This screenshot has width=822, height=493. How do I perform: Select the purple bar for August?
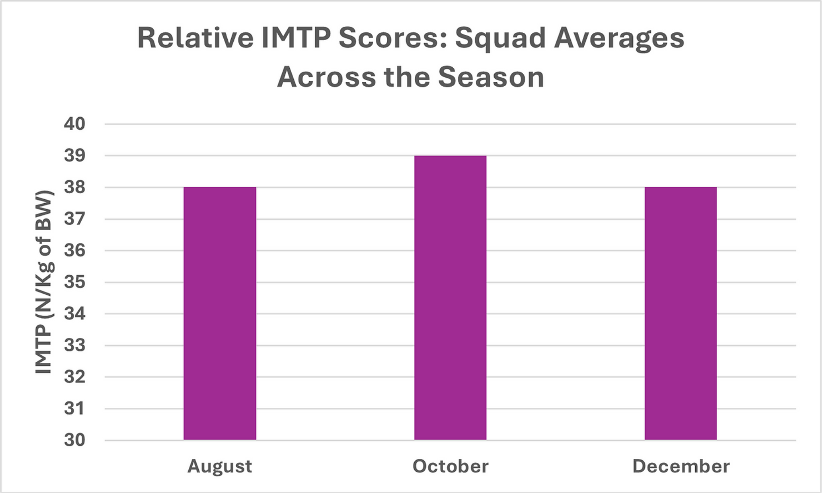[220, 313]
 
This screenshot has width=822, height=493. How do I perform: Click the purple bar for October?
[450, 297]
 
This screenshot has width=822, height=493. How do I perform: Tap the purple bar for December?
[680, 313]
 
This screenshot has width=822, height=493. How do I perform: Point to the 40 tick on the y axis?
[75, 124]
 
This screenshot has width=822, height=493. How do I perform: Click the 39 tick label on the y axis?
[75, 156]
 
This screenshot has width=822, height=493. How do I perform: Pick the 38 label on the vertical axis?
[75, 187]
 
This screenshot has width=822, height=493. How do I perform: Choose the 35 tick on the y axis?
[75, 282]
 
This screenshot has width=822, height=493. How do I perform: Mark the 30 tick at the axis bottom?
[75, 440]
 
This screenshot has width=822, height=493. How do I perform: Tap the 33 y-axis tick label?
[75, 346]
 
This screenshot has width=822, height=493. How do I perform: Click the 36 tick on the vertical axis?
[75, 251]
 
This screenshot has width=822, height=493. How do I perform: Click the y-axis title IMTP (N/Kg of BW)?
[44, 282]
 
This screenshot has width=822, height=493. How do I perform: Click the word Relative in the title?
[195, 38]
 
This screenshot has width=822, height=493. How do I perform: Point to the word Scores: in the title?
[393, 38]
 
